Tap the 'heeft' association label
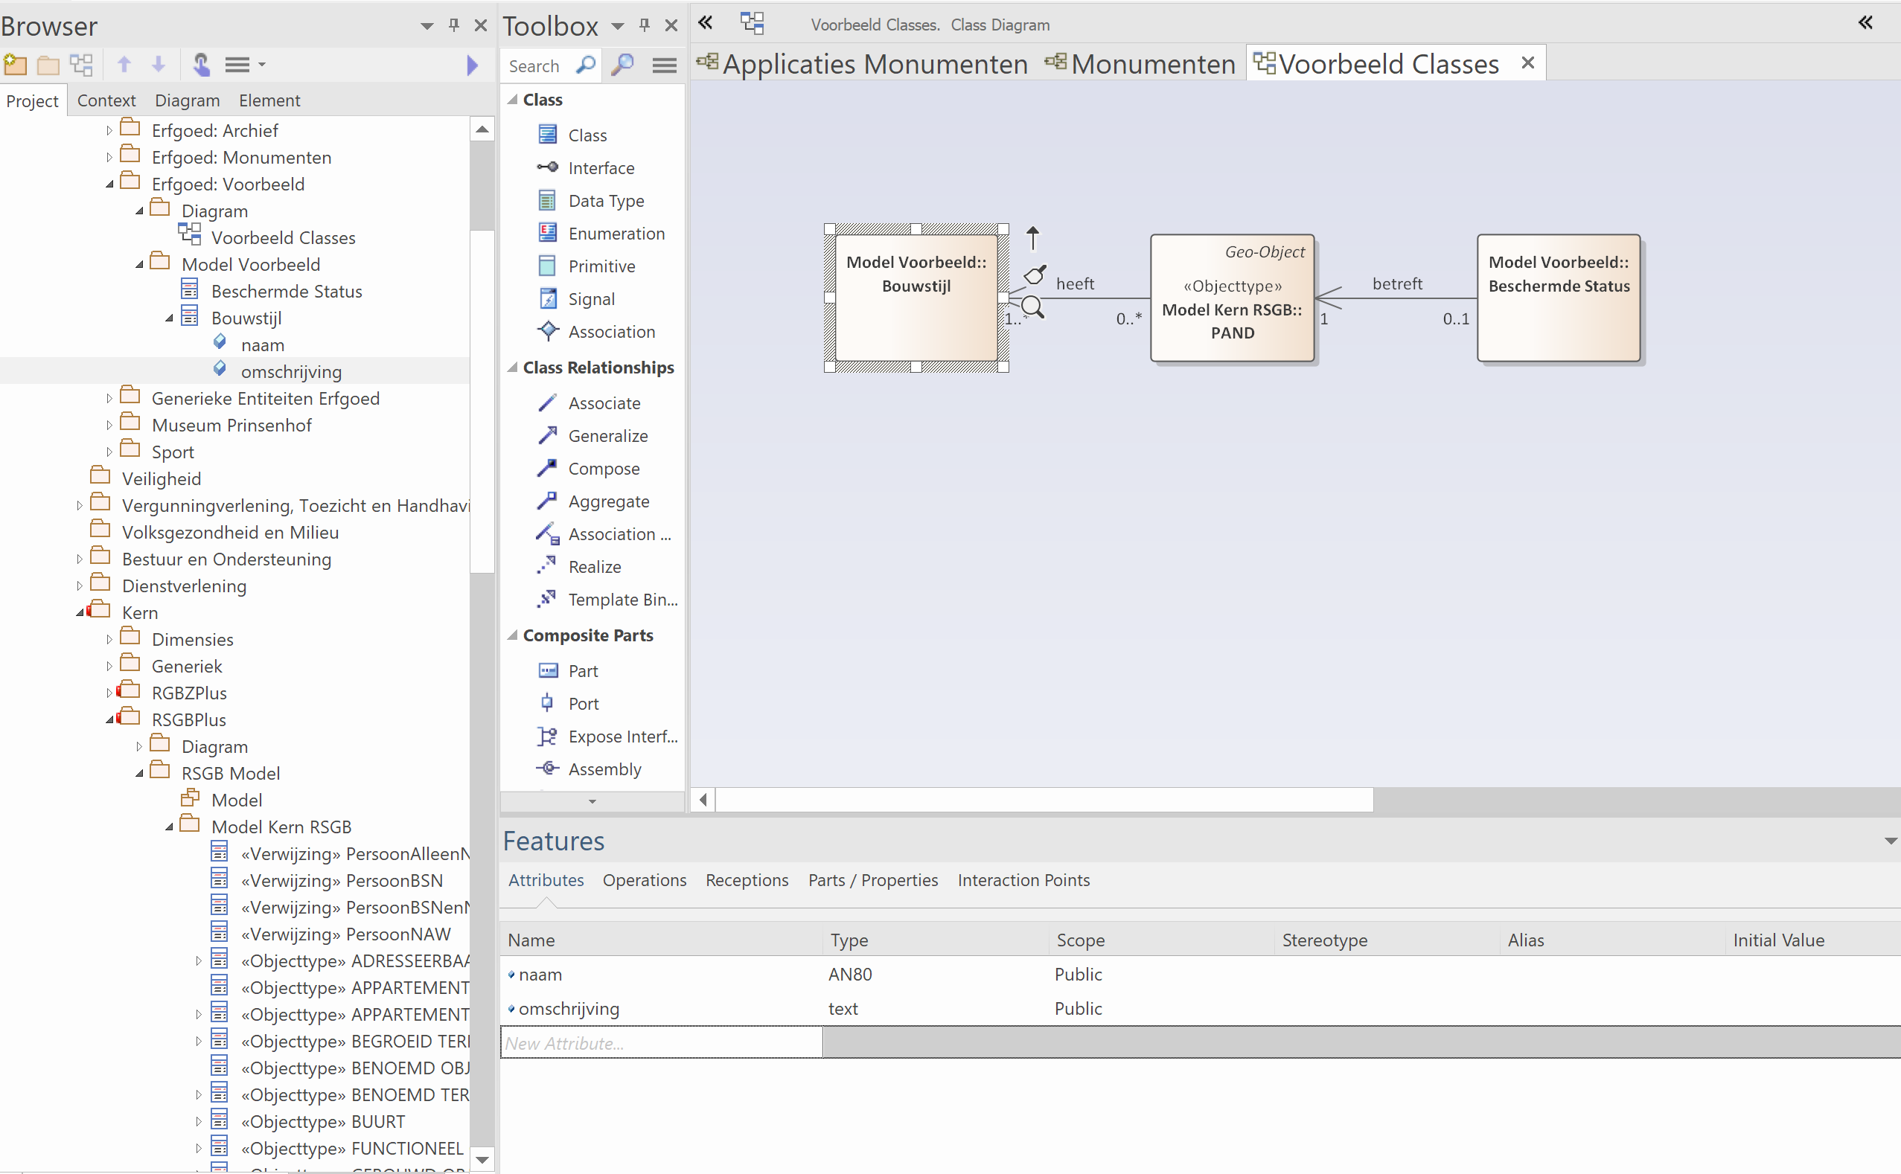click(x=1074, y=284)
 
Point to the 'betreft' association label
click(x=1397, y=284)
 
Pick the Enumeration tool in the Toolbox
click(x=616, y=234)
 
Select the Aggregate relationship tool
click(x=608, y=501)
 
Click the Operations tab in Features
click(x=644, y=879)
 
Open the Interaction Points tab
click(x=1023, y=879)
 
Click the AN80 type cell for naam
click(x=850, y=975)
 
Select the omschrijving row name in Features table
click(x=569, y=1009)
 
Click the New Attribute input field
click(x=661, y=1044)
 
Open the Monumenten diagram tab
click(x=1152, y=64)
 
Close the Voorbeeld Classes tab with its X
click(x=1527, y=63)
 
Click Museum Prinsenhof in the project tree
click(x=231, y=426)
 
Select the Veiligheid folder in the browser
click(x=161, y=479)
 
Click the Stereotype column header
click(x=1325, y=940)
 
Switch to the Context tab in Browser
click(x=106, y=100)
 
